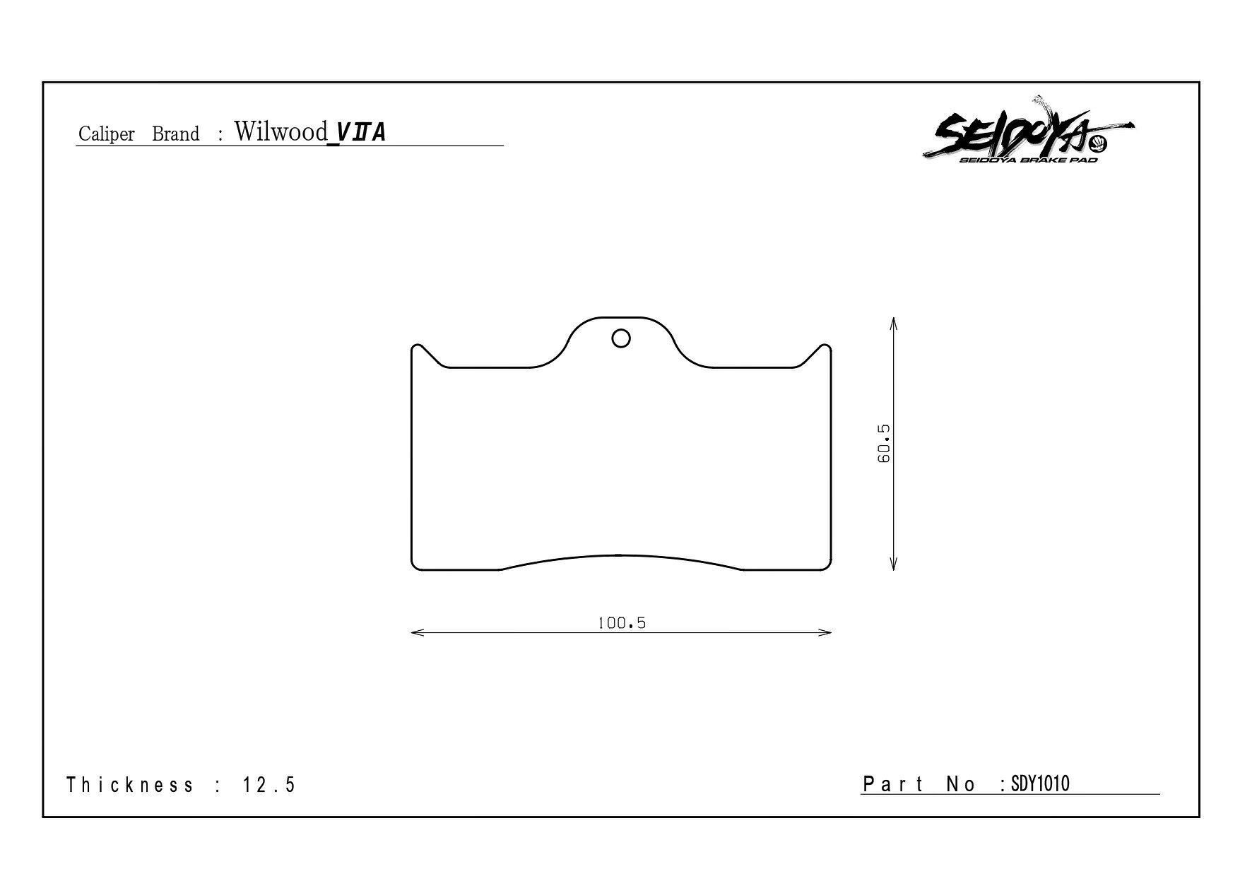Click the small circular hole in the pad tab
coord(621,339)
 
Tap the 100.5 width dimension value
coord(622,623)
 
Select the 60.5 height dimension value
coord(883,444)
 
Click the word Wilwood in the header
coord(281,131)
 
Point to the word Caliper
coord(107,134)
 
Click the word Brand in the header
coord(176,134)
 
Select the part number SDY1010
coord(1041,783)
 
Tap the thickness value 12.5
coord(269,785)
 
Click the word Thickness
coord(130,785)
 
